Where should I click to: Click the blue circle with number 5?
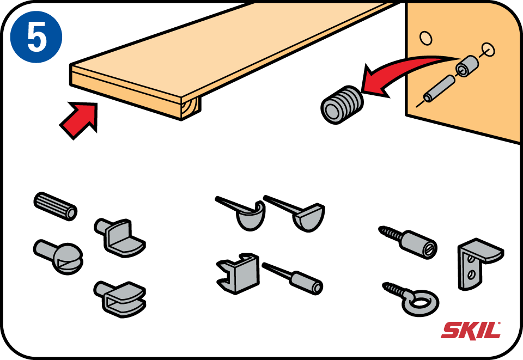click(36, 36)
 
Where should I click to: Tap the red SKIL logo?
click(471, 330)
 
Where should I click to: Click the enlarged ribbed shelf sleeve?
click(342, 105)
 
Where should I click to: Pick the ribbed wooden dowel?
click(56, 206)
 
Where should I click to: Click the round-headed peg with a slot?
click(59, 257)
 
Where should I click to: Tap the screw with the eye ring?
click(411, 299)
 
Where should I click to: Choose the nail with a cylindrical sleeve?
click(293, 278)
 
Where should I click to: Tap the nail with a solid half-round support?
click(297, 213)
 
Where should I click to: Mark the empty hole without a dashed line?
click(425, 38)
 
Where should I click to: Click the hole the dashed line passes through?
click(488, 50)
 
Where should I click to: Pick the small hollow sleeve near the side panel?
click(467, 66)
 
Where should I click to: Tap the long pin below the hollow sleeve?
click(439, 89)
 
